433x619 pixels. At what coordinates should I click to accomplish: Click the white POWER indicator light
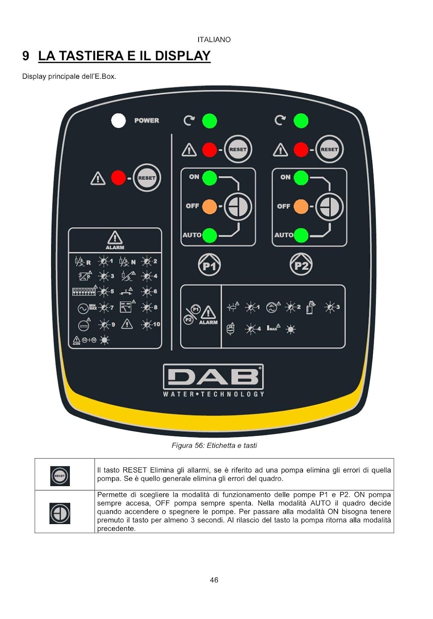118,120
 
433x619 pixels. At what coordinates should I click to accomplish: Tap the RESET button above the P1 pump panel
238,149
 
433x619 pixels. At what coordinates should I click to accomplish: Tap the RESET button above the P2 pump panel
329,149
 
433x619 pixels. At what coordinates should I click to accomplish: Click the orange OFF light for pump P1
210,206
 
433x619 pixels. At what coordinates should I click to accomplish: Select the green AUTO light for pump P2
301,235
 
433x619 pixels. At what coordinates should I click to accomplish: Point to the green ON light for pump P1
210,178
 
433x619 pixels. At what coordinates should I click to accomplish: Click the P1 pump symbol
210,265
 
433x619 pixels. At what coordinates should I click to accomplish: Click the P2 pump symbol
301,265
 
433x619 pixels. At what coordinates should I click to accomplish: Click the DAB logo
213,377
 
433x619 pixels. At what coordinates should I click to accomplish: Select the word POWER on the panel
147,120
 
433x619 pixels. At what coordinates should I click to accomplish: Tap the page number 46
214,580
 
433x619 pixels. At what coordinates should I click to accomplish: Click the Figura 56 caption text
214,445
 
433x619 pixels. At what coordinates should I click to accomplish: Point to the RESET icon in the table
60,476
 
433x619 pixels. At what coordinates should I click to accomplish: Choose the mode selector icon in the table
60,513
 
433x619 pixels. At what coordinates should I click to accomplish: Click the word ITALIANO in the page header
214,40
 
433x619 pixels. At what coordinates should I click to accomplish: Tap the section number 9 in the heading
26,56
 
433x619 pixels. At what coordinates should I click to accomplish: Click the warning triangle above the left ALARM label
115,238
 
